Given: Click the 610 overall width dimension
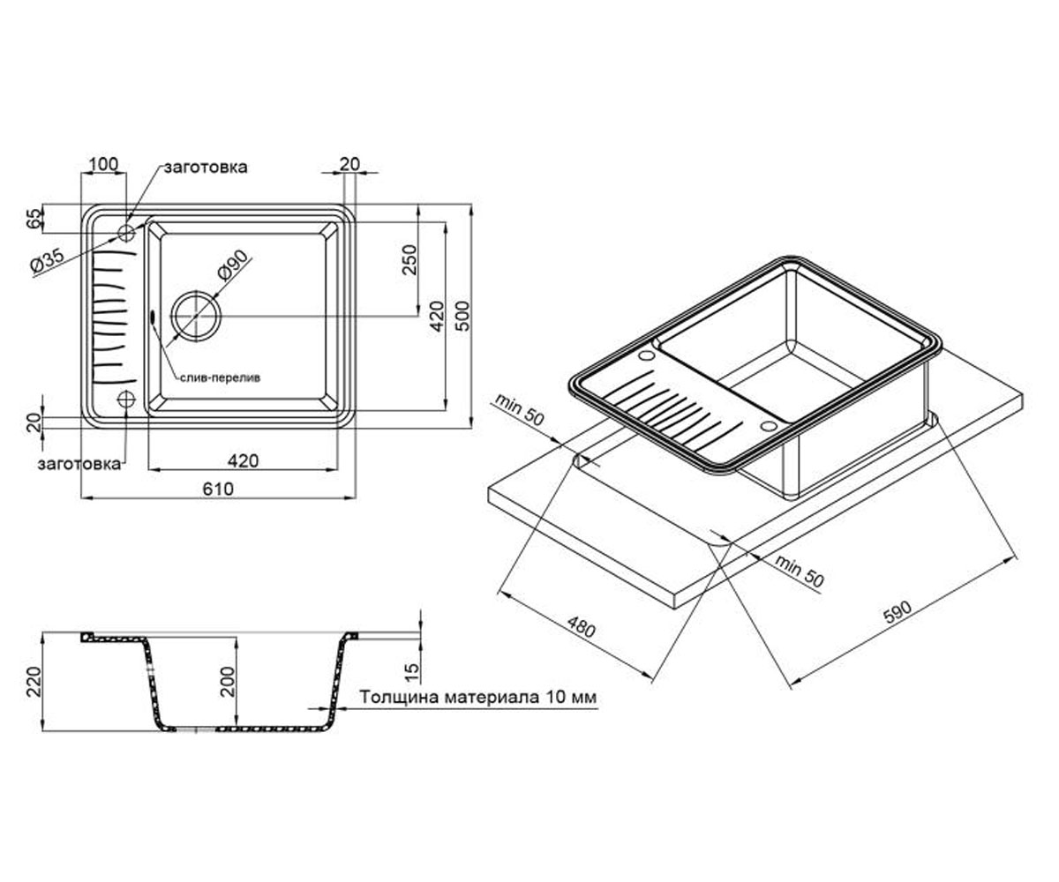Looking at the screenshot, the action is tap(218, 489).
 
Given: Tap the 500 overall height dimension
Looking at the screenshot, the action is tap(463, 316).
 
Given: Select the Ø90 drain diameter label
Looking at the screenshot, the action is tap(233, 265).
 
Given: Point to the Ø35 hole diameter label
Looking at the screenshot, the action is tap(48, 261).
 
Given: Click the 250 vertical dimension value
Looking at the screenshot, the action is tap(409, 259).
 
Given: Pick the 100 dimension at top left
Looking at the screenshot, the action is tap(104, 164).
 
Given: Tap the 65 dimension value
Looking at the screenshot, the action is tap(35, 219).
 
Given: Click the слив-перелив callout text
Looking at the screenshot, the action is tap(220, 377).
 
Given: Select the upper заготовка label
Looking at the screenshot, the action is tap(206, 168).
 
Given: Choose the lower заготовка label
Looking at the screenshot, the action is tap(79, 464).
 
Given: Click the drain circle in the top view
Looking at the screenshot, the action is tap(196, 315).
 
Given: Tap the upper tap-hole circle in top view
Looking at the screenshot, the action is tap(126, 233).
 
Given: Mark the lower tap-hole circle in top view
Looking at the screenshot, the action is tap(126, 400).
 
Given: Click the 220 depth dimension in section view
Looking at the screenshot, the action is tap(34, 682).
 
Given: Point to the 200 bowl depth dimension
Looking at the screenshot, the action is tap(229, 681).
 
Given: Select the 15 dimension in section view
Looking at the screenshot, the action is tap(413, 671).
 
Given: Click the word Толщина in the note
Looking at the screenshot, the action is tap(399, 697).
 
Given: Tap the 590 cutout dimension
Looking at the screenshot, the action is tap(898, 612).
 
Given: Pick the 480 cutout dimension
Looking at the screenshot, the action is tap(580, 627).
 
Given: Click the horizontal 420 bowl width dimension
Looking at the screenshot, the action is tap(243, 460).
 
